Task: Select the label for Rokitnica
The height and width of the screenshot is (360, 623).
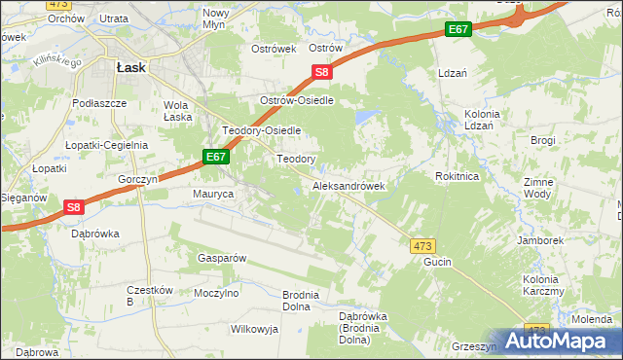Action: tap(456, 176)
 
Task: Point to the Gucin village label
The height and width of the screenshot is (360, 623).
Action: tap(439, 264)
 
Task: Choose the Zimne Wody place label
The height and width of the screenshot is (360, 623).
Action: tap(538, 188)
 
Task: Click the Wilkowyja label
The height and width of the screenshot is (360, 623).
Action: tap(254, 329)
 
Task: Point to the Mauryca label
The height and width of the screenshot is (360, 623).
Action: tap(213, 195)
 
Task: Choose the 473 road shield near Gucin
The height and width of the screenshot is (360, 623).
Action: tap(422, 246)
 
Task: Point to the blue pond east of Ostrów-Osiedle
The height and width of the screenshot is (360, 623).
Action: tap(367, 119)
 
